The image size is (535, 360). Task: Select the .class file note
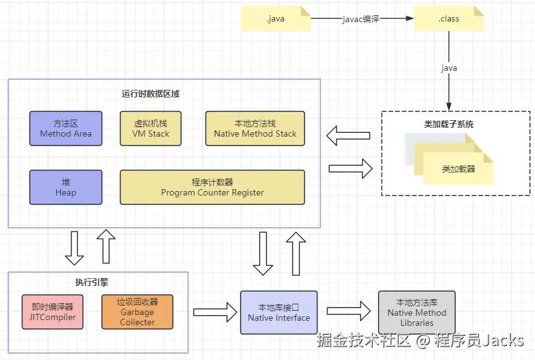[449, 19]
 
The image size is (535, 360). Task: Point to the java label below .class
[449, 68]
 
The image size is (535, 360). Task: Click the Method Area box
[66, 128]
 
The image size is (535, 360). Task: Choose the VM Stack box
[151, 128]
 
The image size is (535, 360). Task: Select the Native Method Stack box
[255, 128]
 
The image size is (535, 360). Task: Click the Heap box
[66, 187]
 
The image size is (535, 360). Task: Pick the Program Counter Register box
[212, 187]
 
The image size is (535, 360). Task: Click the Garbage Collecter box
[137, 312]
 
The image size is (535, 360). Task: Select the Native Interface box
[279, 312]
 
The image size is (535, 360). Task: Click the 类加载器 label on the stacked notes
[458, 170]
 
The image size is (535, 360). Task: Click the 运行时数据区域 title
[151, 94]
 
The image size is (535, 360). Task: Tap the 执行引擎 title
[83, 282]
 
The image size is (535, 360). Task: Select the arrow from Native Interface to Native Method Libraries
[348, 311]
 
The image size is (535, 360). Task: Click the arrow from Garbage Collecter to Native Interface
[214, 311]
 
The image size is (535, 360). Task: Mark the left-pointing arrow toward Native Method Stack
[348, 135]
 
